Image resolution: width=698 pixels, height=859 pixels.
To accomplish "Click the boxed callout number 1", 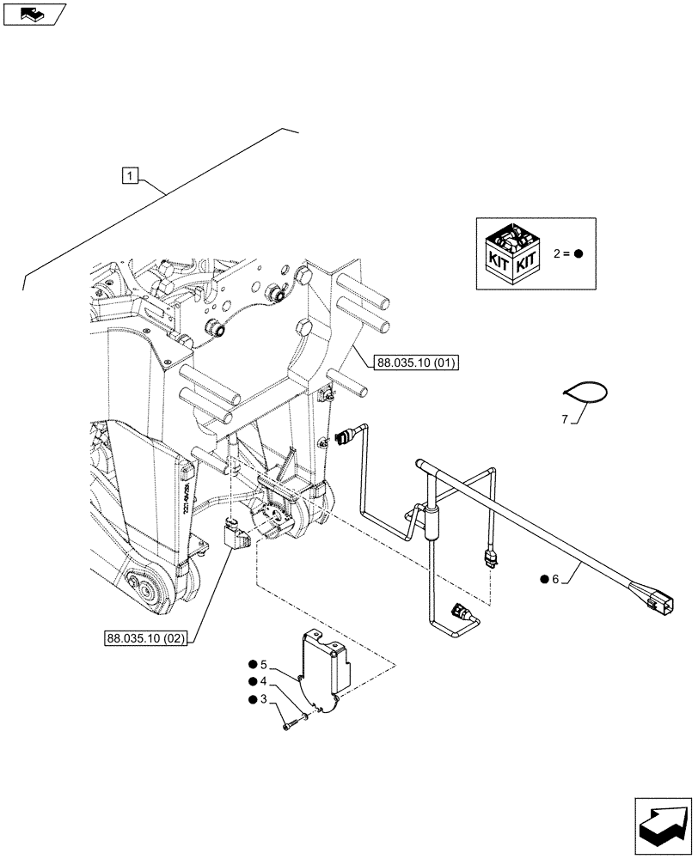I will [128, 176].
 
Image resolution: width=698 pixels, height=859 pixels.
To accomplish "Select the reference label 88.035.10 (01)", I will [416, 363].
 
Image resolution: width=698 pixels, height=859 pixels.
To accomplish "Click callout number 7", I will [565, 419].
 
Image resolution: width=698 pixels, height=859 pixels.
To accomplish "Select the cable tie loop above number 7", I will [585, 392].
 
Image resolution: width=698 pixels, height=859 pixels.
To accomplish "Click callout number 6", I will [555, 579].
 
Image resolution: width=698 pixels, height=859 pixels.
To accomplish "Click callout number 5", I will [265, 664].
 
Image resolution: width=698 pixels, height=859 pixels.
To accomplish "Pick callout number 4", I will [265, 681].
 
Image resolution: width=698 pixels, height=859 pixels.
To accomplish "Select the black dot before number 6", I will [543, 579].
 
